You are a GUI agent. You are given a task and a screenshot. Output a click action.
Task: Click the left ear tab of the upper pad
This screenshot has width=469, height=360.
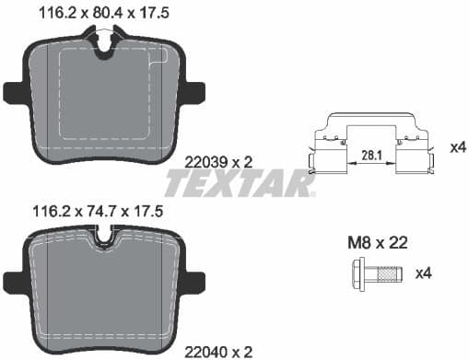pyautogui.click(x=12, y=93)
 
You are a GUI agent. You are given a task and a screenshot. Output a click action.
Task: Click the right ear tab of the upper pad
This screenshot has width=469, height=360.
pyautogui.click(x=195, y=93)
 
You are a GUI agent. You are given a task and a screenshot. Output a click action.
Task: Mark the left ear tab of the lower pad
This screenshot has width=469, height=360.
pyautogui.click(x=12, y=280)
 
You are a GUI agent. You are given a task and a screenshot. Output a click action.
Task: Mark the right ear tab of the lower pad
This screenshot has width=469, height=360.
pyautogui.click(x=195, y=280)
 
